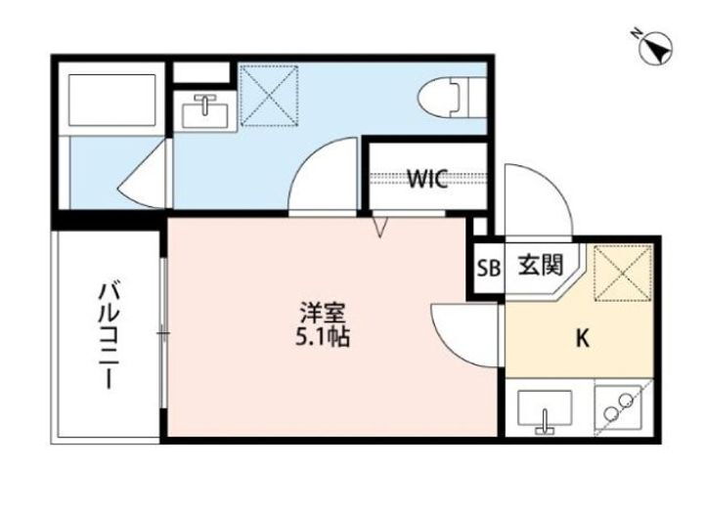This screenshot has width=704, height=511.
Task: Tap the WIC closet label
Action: [x=427, y=179]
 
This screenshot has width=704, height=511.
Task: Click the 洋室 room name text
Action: [x=324, y=315]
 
